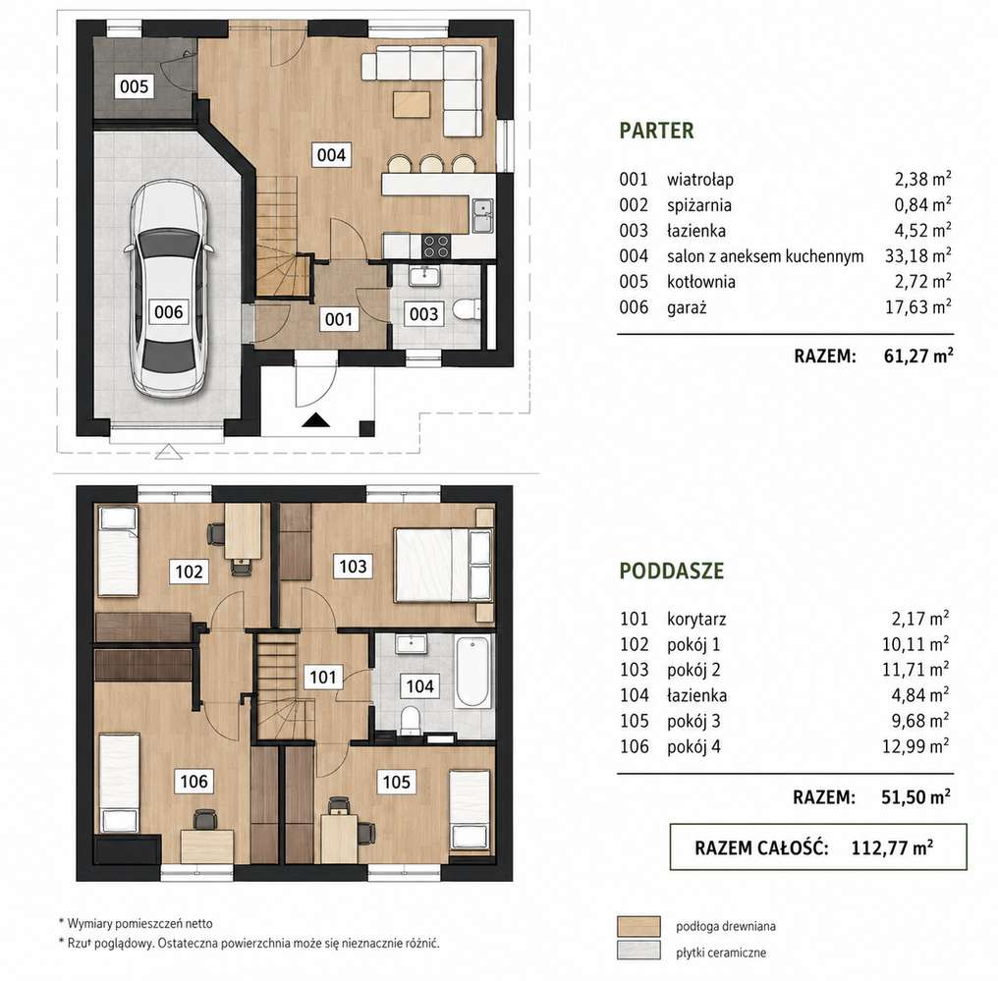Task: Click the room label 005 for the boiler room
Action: click(x=134, y=85)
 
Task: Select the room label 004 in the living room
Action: click(x=331, y=154)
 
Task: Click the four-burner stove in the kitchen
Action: click(x=436, y=246)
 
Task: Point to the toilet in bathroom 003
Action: click(x=467, y=310)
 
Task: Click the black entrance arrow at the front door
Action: click(x=315, y=420)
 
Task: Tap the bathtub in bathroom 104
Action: click(x=473, y=672)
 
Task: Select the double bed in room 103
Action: click(x=444, y=565)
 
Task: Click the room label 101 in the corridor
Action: click(x=323, y=677)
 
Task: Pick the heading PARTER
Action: click(x=656, y=131)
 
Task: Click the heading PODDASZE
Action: click(x=672, y=571)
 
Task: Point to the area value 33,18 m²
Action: click(x=917, y=255)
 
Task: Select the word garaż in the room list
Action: click(x=687, y=308)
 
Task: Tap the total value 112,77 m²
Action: click(x=892, y=847)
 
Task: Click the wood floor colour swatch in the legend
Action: click(x=638, y=926)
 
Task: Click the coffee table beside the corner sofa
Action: click(x=412, y=105)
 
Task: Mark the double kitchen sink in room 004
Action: click(x=482, y=216)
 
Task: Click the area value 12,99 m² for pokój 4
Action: click(x=915, y=746)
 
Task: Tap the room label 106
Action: click(x=194, y=782)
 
